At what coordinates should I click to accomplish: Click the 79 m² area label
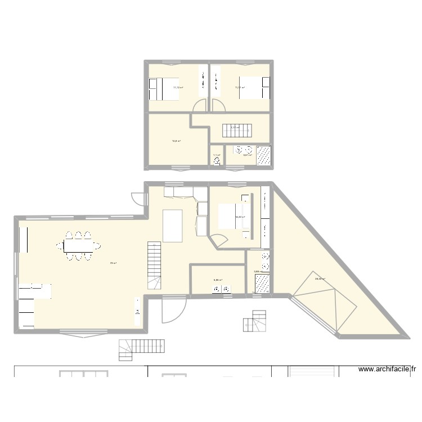click(113, 263)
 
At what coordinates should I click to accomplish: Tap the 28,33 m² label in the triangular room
click(320, 279)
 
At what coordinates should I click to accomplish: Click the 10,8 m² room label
click(176, 141)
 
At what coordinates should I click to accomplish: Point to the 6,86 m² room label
click(218, 280)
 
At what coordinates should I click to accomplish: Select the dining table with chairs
click(78, 246)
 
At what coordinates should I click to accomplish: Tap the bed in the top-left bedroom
click(164, 88)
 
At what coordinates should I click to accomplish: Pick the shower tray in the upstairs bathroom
click(263, 155)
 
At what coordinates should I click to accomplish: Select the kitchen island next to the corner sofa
click(173, 225)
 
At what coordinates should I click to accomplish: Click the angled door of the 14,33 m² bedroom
click(214, 240)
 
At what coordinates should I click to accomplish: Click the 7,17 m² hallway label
click(235, 128)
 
